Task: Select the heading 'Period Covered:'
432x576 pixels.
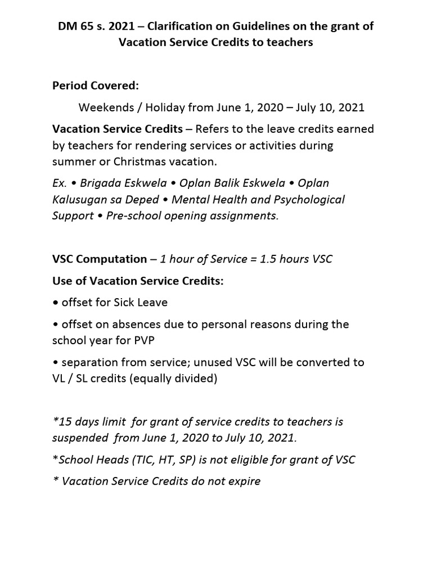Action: pos(95,85)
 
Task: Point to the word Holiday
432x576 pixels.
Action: pos(159,107)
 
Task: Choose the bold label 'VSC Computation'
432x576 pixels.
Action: pos(100,259)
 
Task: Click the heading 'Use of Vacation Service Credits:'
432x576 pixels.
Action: pos(138,281)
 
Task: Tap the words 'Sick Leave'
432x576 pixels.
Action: pos(141,303)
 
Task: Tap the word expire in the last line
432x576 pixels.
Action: pos(244,481)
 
